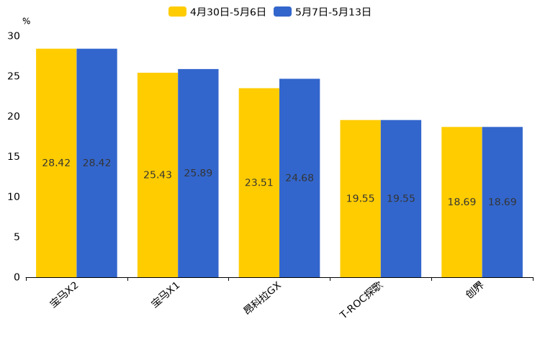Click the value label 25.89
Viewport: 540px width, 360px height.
[x=198, y=174]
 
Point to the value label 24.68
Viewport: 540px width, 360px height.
[x=300, y=178]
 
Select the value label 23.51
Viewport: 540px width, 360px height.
[x=259, y=183]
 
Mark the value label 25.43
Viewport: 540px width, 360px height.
[x=158, y=175]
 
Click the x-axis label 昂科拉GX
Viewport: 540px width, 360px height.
[x=263, y=298]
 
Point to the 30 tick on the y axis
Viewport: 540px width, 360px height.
[x=14, y=36]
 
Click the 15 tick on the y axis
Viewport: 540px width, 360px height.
[x=14, y=156]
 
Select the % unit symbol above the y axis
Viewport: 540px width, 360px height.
[x=27, y=22]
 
